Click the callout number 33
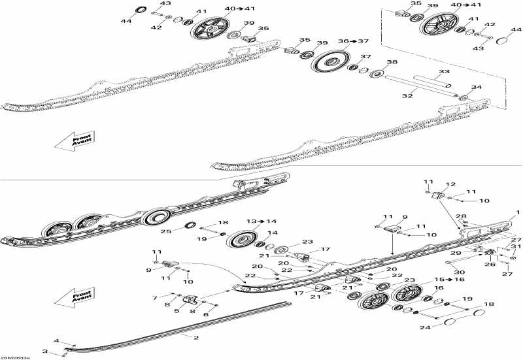(x=444, y=71)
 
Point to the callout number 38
(x=392, y=63)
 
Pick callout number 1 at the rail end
(x=518, y=212)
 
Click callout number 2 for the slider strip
(x=195, y=337)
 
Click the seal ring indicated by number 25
(x=190, y=226)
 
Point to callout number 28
(x=461, y=216)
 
